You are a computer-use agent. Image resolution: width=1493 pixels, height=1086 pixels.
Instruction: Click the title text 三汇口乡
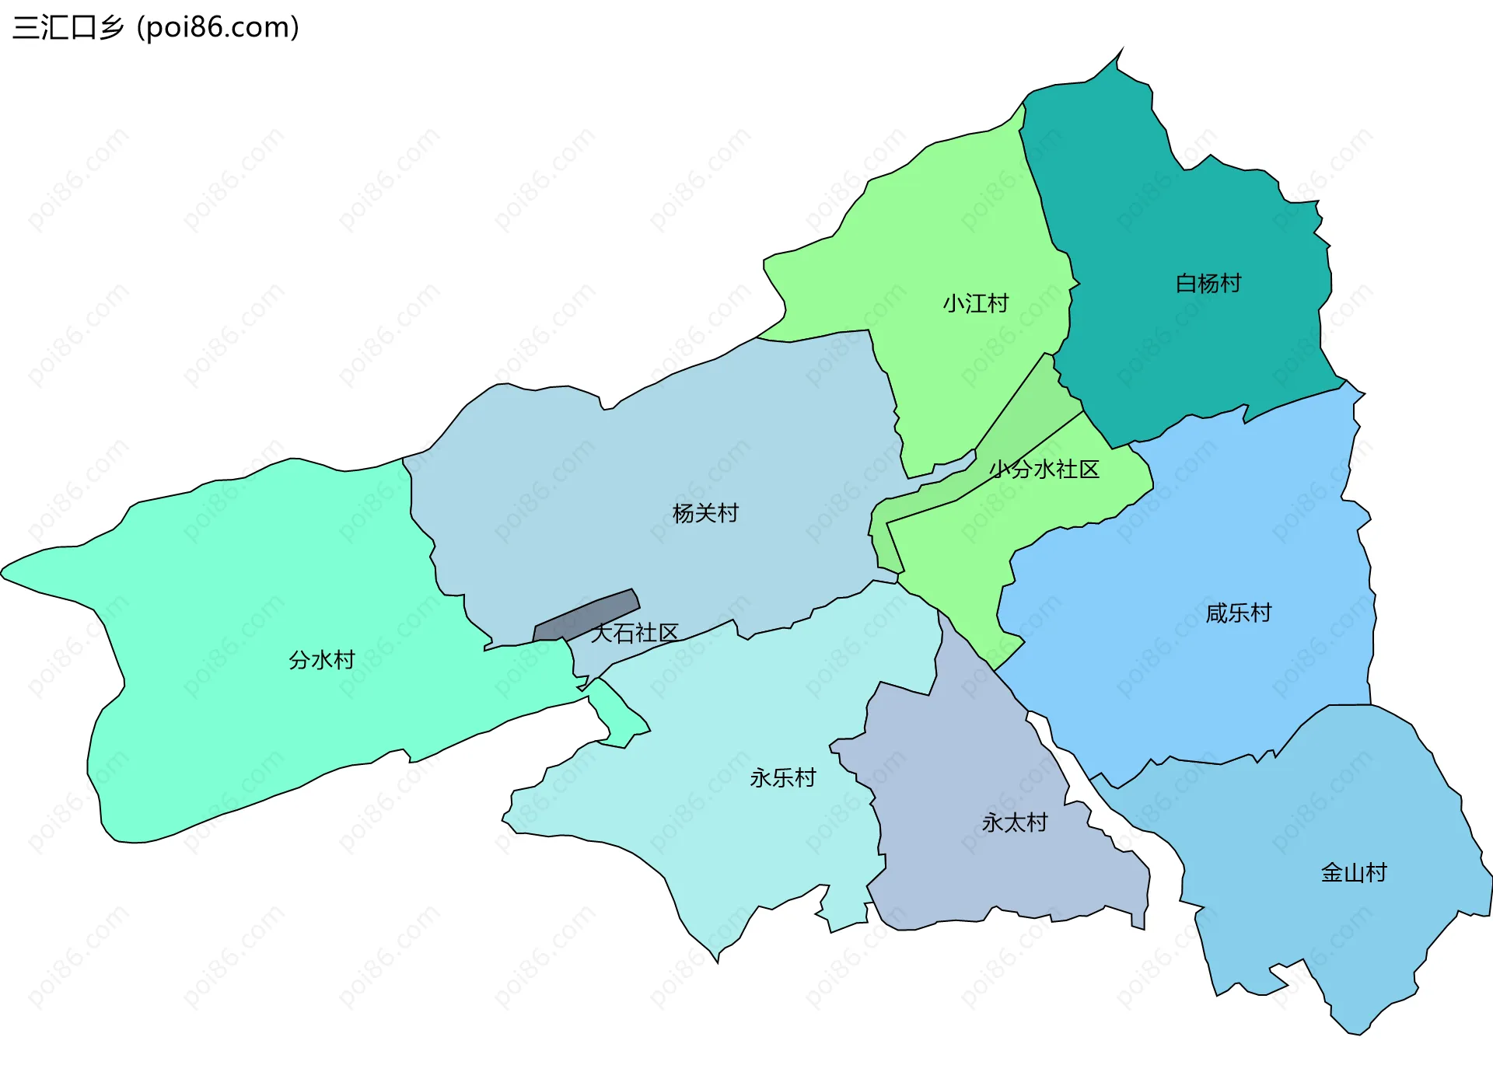coord(68,28)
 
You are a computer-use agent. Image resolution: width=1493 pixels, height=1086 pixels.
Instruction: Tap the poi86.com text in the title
coord(218,28)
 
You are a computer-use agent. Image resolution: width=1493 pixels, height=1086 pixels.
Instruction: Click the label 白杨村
coord(1208,284)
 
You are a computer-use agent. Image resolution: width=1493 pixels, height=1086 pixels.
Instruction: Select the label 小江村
coord(975,303)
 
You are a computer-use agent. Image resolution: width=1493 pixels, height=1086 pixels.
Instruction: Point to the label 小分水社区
coord(1044,470)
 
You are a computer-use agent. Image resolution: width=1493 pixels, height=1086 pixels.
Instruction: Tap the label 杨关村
coord(705,513)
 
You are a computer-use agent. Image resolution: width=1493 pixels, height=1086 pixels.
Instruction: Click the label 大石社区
coord(635,634)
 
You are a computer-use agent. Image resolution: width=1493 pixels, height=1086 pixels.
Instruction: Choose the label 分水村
coord(321,660)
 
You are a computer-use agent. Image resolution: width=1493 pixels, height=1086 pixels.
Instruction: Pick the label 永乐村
coord(782,778)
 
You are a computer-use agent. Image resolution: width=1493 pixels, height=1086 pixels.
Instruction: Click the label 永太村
coord(1014,822)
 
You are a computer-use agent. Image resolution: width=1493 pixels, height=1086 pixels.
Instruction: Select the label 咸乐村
coord(1238,613)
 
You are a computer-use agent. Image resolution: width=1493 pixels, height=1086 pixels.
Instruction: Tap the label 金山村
coord(1353,873)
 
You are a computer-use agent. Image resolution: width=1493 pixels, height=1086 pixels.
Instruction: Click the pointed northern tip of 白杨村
coord(1121,52)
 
